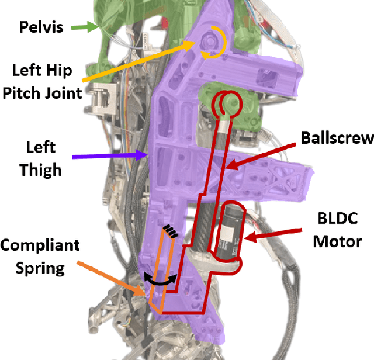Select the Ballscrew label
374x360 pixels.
point(337,138)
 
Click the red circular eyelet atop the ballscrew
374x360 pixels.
point(226,104)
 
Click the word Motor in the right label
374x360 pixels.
point(338,240)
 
